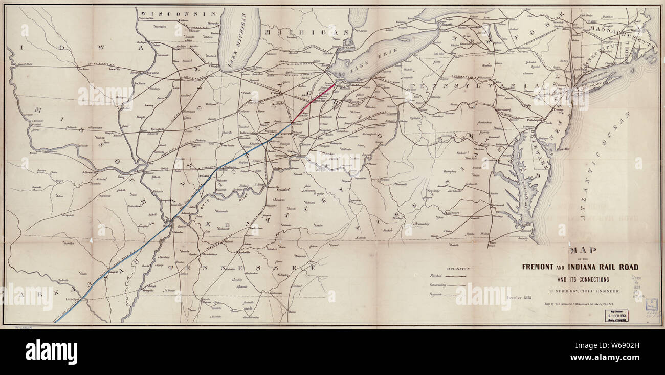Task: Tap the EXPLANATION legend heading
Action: pyautogui.click(x=458, y=269)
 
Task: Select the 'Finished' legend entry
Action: pyautogui.click(x=432, y=276)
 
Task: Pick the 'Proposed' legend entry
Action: pyautogui.click(x=433, y=295)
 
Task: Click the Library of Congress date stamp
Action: pyautogui.click(x=617, y=315)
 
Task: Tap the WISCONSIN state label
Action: pyautogui.click(x=171, y=14)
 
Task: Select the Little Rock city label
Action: pyautogui.click(x=71, y=299)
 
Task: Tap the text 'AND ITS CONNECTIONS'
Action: pyautogui.click(x=583, y=279)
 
